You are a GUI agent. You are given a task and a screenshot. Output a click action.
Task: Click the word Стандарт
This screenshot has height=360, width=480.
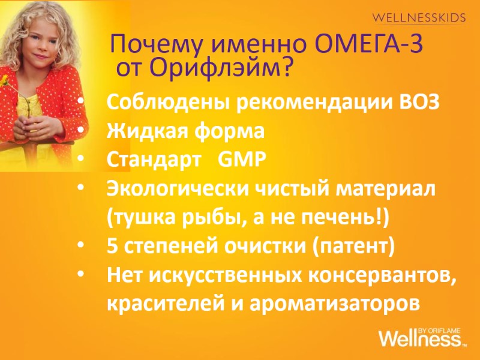click(x=152, y=160)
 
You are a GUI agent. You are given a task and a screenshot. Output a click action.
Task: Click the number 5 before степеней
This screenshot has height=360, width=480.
click(x=112, y=246)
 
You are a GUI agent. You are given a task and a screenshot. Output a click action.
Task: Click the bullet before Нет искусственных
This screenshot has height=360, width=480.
click(x=81, y=275)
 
